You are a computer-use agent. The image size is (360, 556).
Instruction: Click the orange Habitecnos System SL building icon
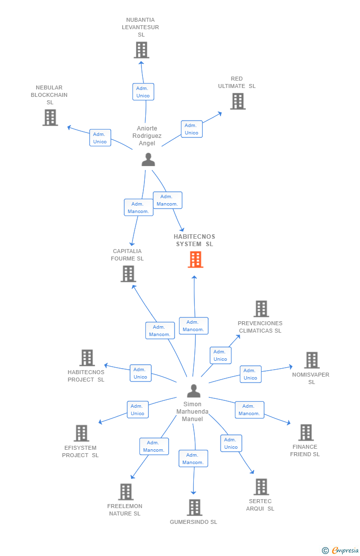(195, 259)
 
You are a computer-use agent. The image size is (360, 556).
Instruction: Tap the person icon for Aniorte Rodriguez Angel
(148, 160)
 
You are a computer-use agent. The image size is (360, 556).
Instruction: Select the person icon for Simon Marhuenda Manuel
(194, 391)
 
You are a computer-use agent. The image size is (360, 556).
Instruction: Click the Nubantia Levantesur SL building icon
(141, 50)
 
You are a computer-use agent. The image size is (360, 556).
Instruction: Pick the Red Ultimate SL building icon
(238, 101)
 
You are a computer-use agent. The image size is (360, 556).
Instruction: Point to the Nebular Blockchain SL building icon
(50, 118)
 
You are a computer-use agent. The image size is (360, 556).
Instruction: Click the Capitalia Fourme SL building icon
(128, 274)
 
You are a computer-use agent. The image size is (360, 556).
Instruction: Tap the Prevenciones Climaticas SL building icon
(261, 309)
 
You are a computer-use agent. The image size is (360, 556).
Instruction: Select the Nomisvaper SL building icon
(312, 360)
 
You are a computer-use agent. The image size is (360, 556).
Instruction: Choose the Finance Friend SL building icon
(306, 432)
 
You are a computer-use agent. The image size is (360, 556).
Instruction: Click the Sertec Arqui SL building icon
(261, 487)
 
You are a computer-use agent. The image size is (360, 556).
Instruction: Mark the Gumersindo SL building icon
(194, 508)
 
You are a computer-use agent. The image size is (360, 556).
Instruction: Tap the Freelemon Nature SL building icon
(126, 492)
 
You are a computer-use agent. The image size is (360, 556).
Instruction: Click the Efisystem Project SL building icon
(82, 433)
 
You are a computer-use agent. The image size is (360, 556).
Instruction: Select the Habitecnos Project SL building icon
(87, 358)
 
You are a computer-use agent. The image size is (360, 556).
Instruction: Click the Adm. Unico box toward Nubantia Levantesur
(143, 92)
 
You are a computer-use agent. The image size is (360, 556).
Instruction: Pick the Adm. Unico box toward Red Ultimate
(191, 129)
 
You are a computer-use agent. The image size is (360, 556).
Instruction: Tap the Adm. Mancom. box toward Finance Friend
(249, 410)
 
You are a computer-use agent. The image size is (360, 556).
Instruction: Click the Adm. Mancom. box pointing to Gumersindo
(193, 459)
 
